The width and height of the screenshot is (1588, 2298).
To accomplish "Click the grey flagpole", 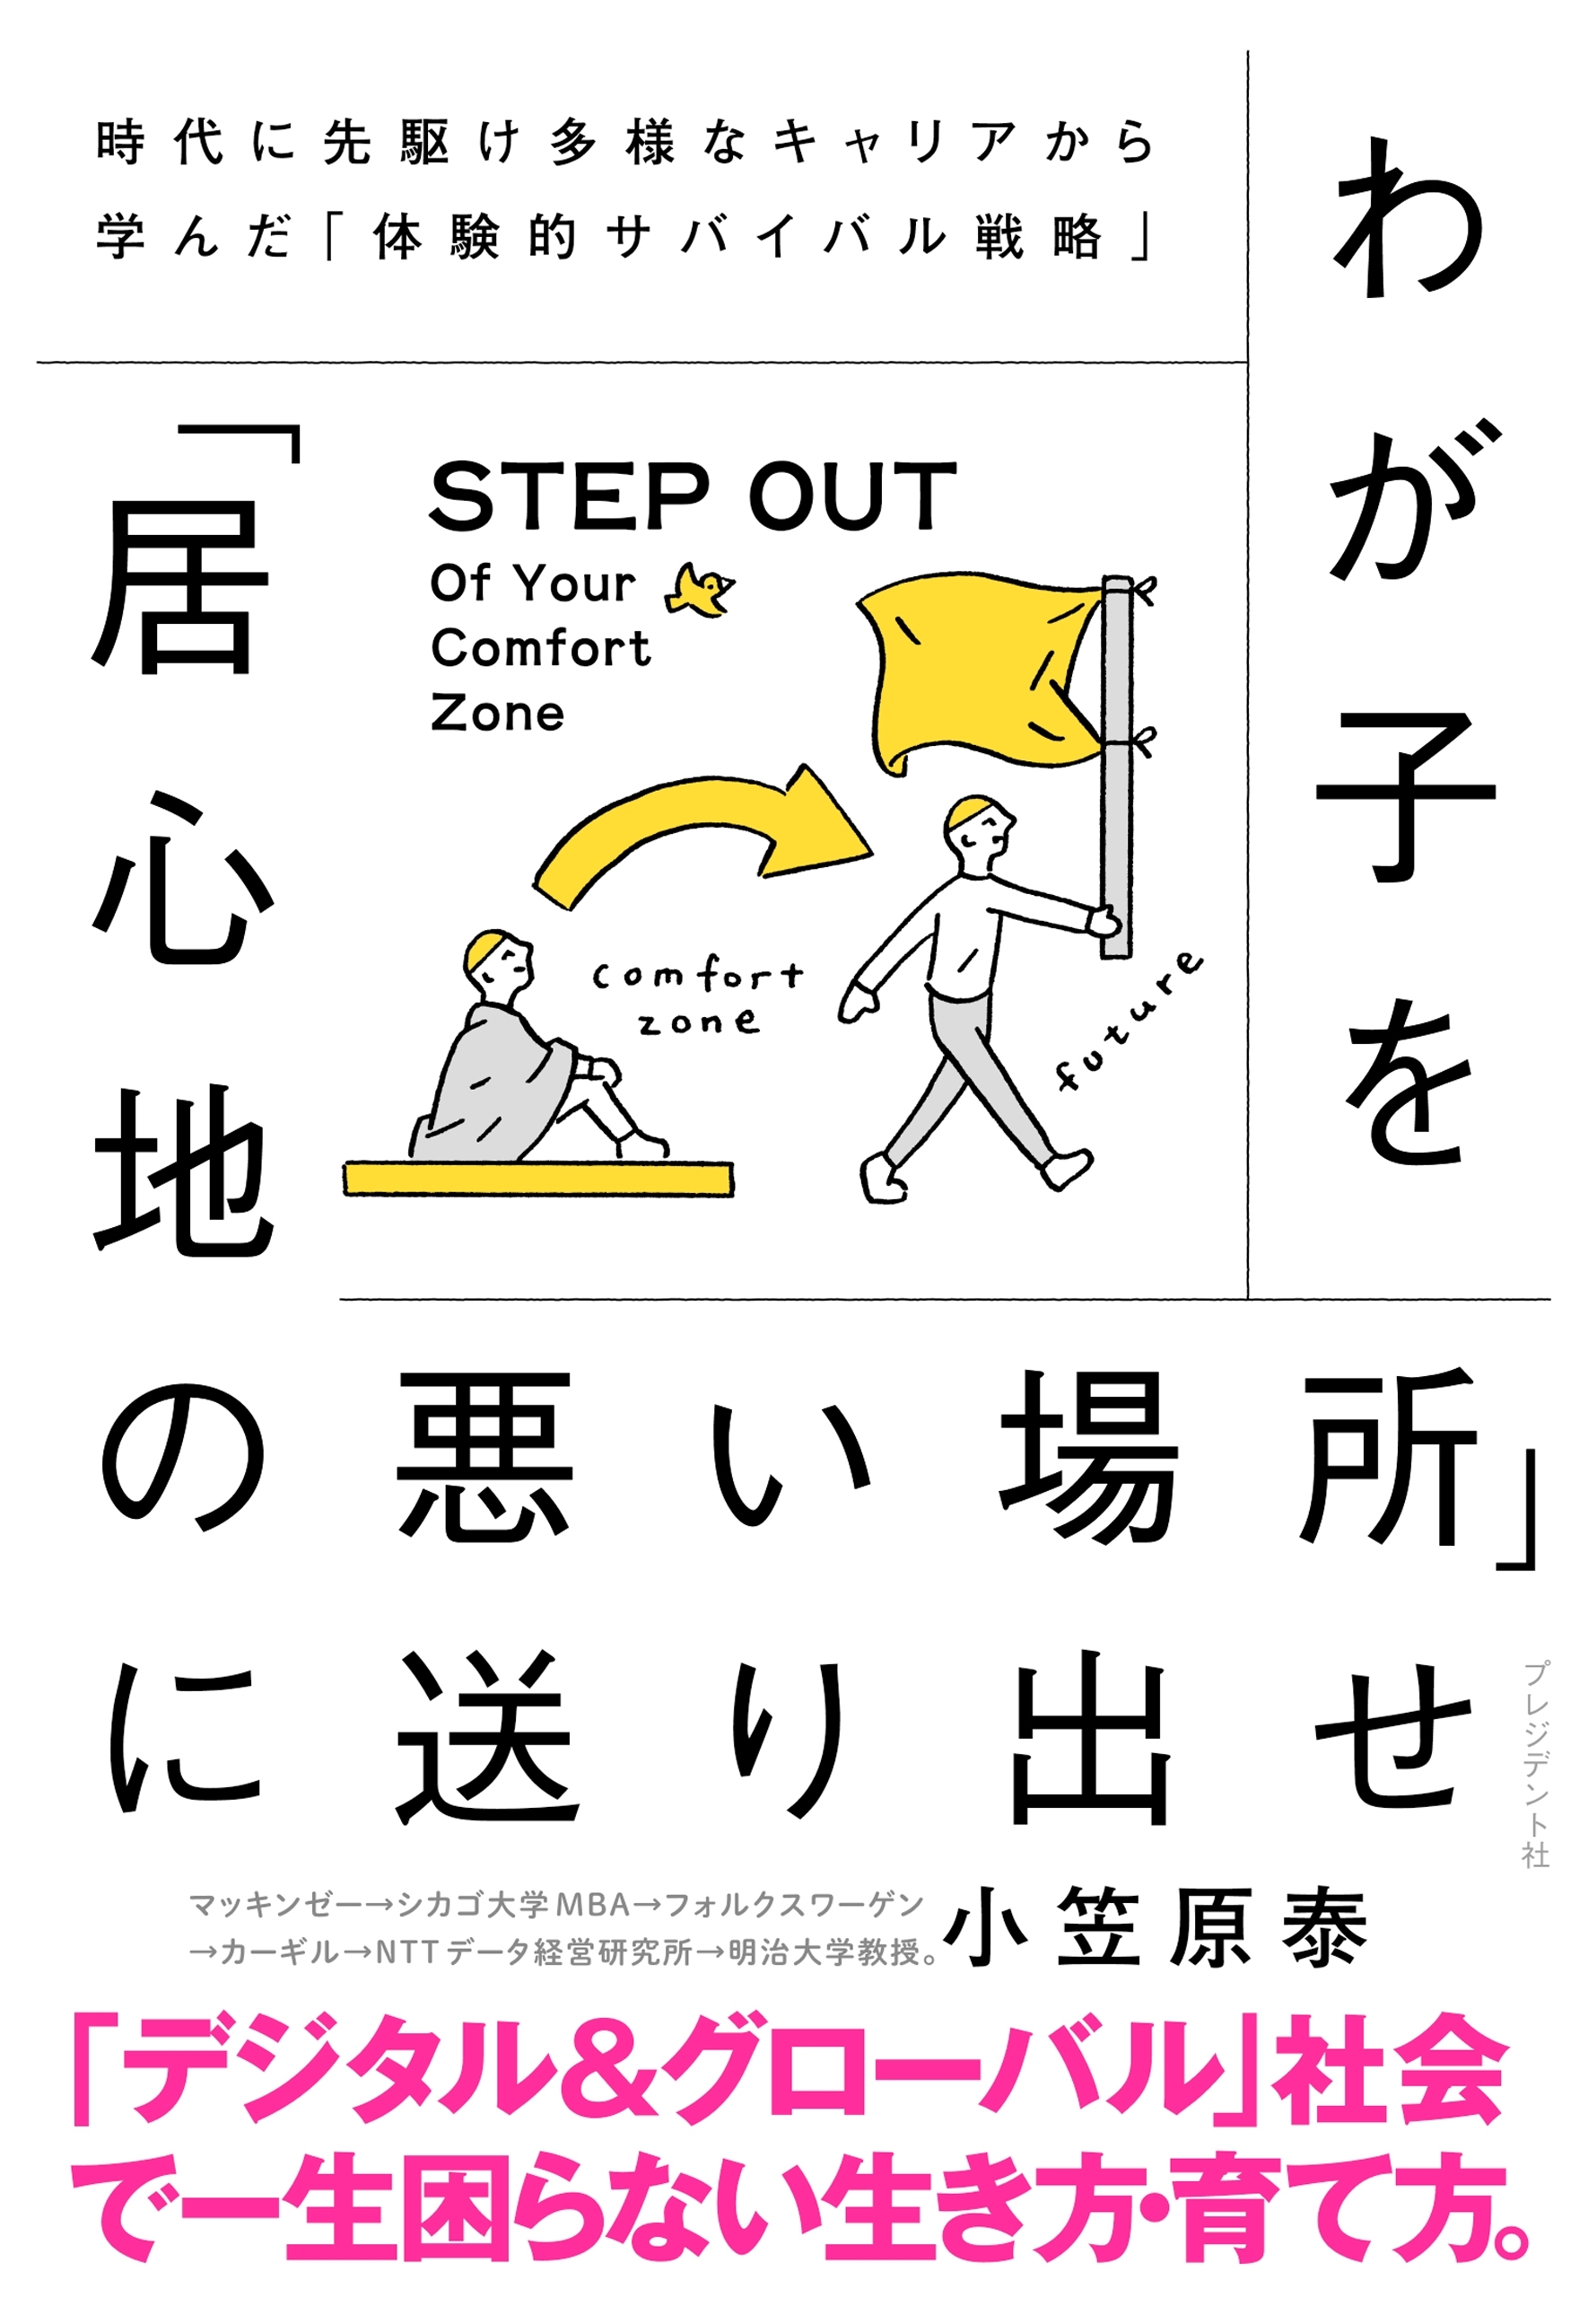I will [x=1116, y=767].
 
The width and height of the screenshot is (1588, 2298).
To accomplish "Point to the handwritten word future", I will [x=1129, y=1020].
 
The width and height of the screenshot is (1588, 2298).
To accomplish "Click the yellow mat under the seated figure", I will [x=538, y=1178].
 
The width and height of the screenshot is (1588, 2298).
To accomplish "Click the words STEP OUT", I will [x=693, y=496].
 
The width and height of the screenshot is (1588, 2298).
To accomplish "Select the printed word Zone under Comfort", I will [x=498, y=714].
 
